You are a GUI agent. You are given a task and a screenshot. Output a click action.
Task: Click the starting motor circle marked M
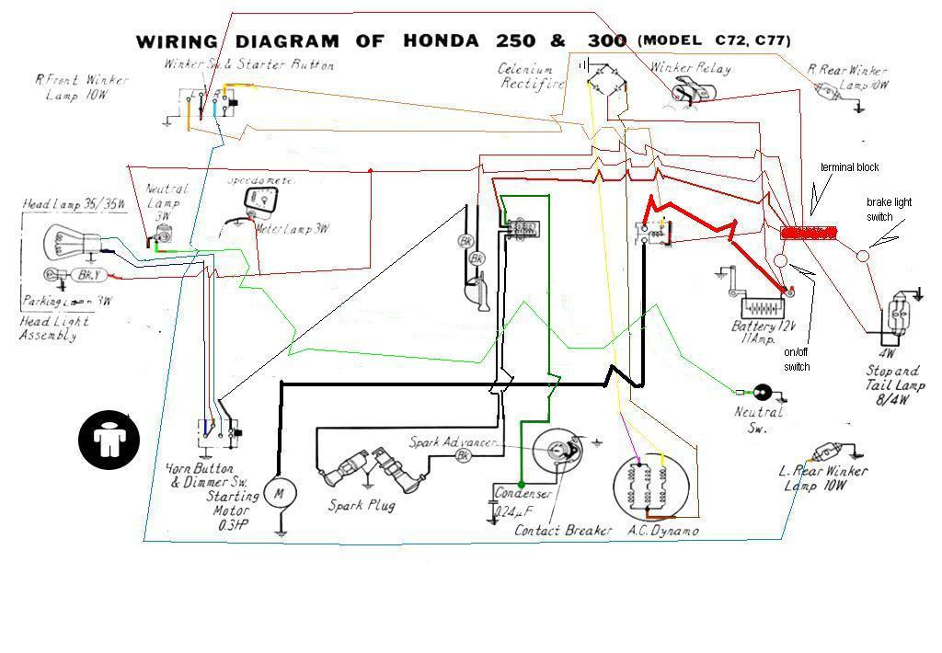click(x=277, y=494)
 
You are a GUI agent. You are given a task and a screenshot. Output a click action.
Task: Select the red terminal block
click(x=809, y=234)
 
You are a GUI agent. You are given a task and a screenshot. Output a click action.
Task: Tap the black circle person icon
click(x=109, y=439)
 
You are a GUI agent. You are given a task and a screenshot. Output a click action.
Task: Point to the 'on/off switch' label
click(x=797, y=361)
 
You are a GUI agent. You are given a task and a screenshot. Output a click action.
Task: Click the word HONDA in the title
click(x=440, y=41)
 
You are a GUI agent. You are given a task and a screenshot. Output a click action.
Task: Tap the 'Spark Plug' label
click(x=362, y=505)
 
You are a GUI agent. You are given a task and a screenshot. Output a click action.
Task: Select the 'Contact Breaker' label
click(x=563, y=531)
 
